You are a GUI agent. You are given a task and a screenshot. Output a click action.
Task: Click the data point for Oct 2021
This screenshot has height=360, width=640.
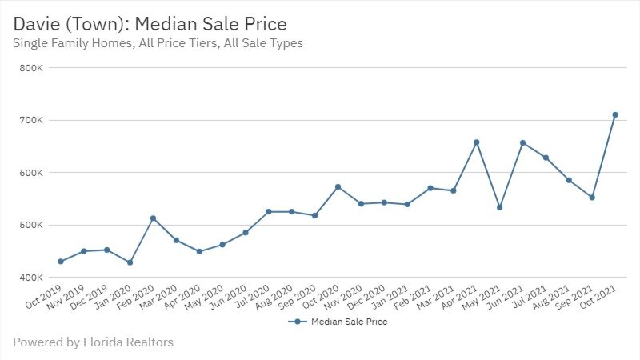click(615, 114)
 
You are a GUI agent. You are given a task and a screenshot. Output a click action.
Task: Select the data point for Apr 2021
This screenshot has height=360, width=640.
click(477, 142)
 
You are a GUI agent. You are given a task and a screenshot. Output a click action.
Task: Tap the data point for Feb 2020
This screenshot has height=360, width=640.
click(153, 218)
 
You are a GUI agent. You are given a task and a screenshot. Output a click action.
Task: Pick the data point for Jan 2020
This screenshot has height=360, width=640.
click(130, 262)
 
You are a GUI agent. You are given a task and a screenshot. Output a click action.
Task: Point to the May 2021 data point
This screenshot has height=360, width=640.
click(500, 207)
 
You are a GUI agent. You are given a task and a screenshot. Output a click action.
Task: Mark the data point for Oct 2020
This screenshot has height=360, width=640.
click(338, 186)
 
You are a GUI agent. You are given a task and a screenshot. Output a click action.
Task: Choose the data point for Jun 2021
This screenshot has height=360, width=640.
click(523, 143)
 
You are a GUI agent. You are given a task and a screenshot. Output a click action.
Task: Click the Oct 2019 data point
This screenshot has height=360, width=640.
click(60, 262)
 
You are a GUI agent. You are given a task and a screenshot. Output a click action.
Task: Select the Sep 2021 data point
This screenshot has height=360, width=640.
click(592, 197)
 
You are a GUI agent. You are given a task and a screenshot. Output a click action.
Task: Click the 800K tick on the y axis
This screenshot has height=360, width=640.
click(42, 68)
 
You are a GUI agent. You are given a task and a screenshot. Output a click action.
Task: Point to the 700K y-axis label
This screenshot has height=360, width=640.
click(42, 120)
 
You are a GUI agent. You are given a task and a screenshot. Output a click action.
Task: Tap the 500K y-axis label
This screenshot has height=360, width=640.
click(42, 225)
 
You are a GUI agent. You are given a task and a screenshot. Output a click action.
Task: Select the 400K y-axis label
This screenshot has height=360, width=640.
click(42, 278)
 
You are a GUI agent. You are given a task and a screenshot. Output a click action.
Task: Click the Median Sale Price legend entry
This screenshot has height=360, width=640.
click(343, 322)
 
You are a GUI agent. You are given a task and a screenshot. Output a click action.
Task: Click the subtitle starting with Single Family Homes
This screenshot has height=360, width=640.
click(158, 43)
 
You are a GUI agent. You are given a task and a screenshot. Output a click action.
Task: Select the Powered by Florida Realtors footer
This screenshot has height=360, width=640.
click(93, 342)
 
